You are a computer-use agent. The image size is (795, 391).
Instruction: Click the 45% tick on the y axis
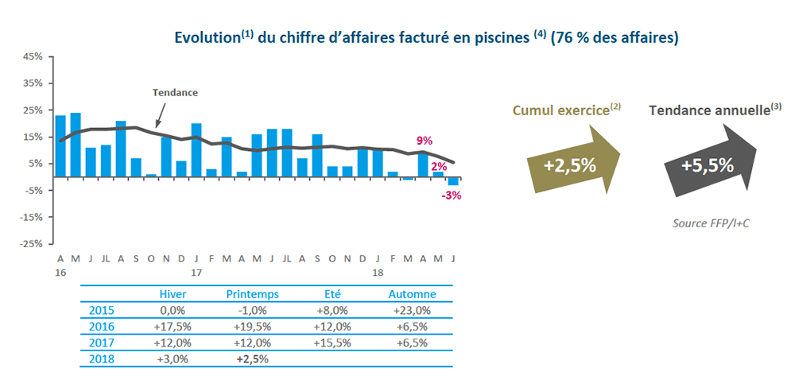click(33, 57)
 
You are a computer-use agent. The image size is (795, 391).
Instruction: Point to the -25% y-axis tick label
click(32, 244)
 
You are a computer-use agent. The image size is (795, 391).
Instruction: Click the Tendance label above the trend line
click(174, 92)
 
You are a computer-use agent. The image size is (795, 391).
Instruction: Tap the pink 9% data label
click(425, 141)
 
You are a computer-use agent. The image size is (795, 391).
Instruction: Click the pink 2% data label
click(439, 167)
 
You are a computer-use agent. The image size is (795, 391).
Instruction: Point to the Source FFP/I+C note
click(712, 223)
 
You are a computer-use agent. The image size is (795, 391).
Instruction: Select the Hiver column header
click(173, 294)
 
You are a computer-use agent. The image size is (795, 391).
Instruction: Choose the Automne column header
click(411, 294)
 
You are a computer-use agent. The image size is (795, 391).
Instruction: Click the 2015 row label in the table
click(102, 311)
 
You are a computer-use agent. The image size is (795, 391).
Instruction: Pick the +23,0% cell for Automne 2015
click(411, 311)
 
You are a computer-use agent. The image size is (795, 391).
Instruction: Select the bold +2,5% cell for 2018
click(252, 358)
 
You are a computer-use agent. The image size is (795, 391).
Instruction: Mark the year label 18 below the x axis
click(378, 272)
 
